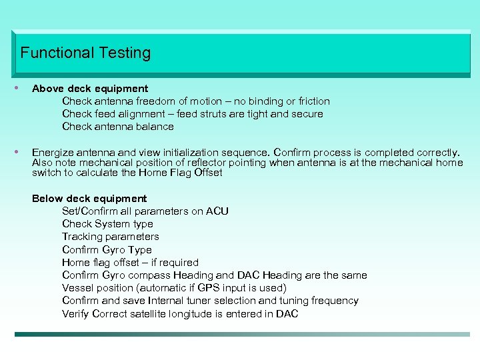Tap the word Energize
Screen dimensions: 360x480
tap(53, 152)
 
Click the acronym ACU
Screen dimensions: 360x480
tap(217, 211)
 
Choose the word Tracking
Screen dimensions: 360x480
tap(84, 237)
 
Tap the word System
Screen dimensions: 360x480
tap(114, 224)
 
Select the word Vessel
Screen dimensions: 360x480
tap(78, 288)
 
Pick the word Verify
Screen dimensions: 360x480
tap(76, 313)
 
